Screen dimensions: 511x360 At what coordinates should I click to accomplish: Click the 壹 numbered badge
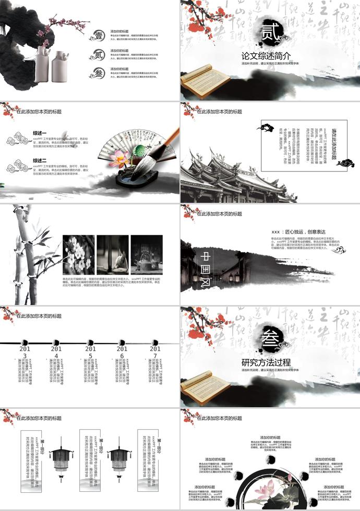pos(99,35)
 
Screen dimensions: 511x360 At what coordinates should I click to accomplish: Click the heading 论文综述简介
pos(266,56)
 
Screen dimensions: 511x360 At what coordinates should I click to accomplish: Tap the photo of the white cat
pos(113,254)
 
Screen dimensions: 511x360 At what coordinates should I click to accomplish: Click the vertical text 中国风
pos(205,270)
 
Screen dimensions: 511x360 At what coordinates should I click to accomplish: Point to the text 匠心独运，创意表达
pos(298,232)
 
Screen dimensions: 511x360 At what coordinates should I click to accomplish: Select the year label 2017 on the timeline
pos(155,353)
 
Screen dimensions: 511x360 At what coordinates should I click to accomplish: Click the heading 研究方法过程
pos(266,362)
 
